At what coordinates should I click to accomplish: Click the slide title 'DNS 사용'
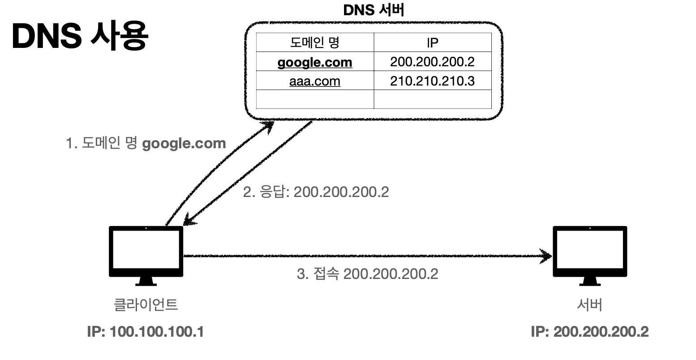pyautogui.click(x=80, y=37)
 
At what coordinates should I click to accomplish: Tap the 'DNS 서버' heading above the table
pyautogui.click(x=374, y=10)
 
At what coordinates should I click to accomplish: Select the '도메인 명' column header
pyautogui.click(x=315, y=43)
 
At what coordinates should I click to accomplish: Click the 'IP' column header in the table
pyautogui.click(x=432, y=43)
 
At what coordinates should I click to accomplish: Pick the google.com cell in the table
pyautogui.click(x=315, y=62)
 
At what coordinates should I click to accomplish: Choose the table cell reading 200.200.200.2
pyautogui.click(x=432, y=62)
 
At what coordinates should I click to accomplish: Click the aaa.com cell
pyautogui.click(x=315, y=81)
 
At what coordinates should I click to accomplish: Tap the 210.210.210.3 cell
pyautogui.click(x=432, y=81)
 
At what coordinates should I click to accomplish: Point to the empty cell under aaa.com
pyautogui.click(x=315, y=99)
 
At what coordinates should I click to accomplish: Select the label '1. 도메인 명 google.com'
pyautogui.click(x=146, y=143)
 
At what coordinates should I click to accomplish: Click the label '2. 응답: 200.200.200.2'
pyautogui.click(x=316, y=192)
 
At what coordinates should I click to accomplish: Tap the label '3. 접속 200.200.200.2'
pyautogui.click(x=367, y=273)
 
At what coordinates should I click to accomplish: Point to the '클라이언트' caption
pyautogui.click(x=146, y=304)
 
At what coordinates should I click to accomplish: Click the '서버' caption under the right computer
pyautogui.click(x=589, y=304)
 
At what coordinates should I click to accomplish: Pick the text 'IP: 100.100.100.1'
pyautogui.click(x=146, y=332)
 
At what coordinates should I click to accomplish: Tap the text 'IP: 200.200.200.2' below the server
pyautogui.click(x=589, y=332)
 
